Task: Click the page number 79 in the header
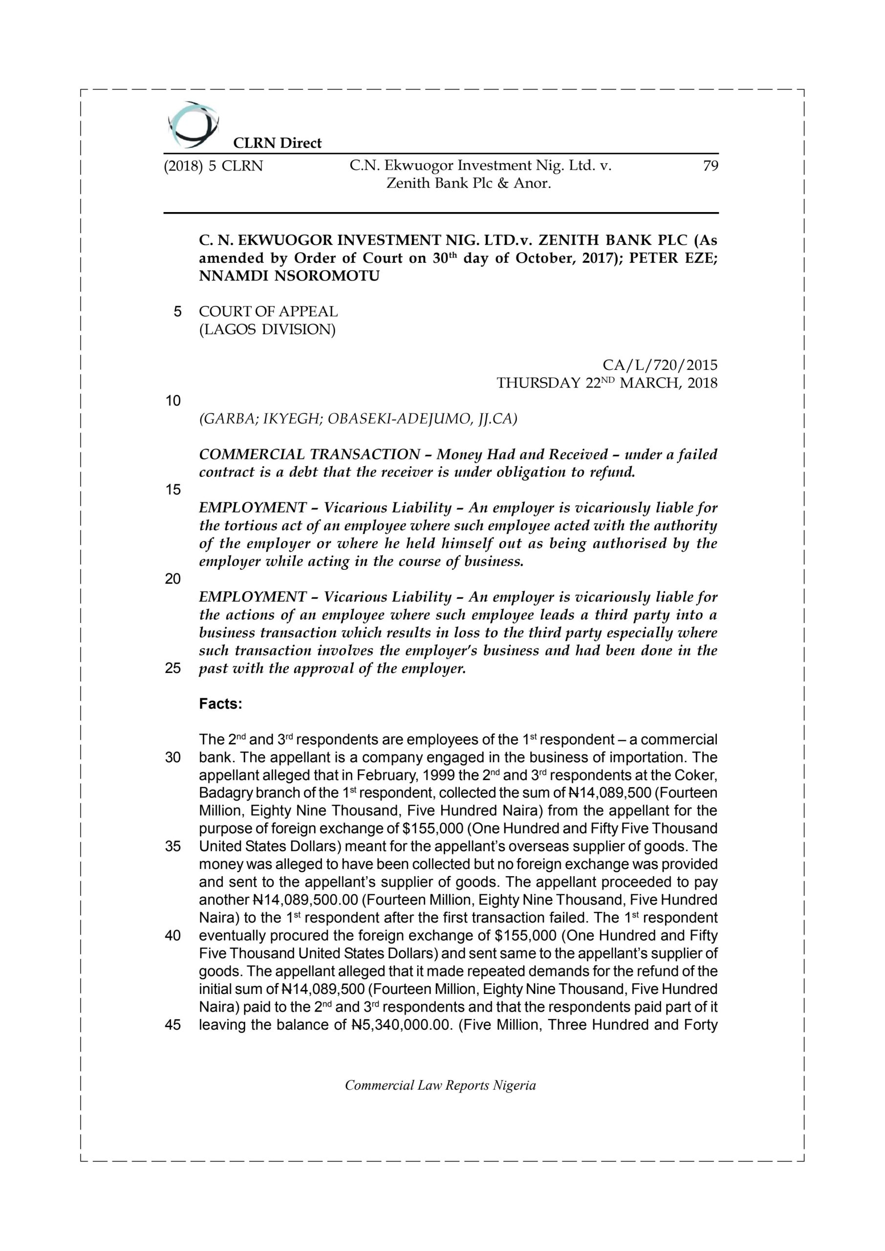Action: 710,166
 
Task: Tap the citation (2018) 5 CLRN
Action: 213,166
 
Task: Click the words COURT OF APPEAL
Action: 268,312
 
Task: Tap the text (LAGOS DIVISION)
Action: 267,330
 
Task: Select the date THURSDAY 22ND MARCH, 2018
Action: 606,383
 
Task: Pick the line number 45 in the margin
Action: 173,1025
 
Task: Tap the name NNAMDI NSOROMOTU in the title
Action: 289,276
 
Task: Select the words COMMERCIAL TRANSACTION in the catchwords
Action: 309,454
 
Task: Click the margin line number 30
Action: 173,757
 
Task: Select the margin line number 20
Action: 173,579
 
